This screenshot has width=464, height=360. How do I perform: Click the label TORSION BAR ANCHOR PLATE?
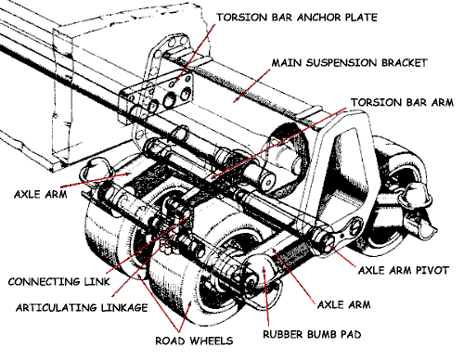click(297, 18)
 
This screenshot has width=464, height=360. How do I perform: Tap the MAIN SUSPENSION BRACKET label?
click(349, 63)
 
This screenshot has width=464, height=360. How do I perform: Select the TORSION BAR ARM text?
click(402, 102)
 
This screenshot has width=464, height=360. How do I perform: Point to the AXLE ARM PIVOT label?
click(404, 270)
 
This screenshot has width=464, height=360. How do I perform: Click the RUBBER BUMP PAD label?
click(312, 334)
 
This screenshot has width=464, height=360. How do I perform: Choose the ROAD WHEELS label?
click(194, 341)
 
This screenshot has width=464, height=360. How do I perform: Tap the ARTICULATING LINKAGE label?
click(82, 308)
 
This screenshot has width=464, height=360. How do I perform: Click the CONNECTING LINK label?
click(58, 282)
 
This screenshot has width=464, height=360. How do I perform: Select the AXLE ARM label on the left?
click(41, 194)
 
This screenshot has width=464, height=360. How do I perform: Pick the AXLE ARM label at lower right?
click(344, 304)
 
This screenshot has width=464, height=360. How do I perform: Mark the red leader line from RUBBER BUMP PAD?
click(266, 297)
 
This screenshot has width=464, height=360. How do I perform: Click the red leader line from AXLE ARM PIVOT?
click(342, 256)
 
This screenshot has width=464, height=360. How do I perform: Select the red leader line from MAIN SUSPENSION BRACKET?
click(251, 85)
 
